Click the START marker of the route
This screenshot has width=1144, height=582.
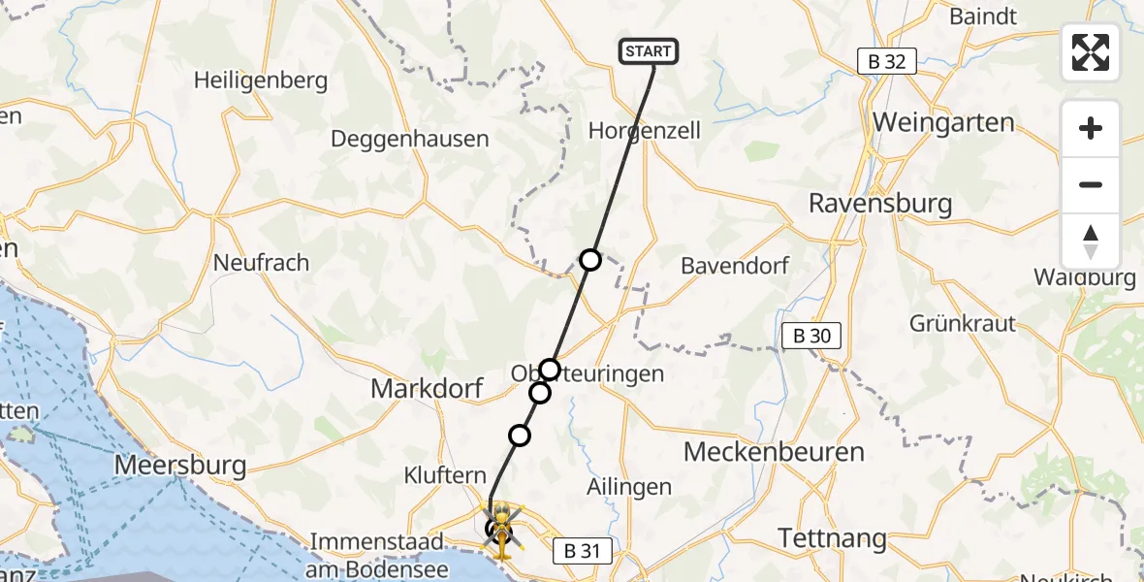649,51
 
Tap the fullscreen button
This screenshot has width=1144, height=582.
1091,52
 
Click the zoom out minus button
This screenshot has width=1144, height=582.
1091,185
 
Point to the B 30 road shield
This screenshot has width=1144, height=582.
811,337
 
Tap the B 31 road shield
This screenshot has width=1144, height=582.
582,551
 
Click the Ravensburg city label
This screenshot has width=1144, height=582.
880,204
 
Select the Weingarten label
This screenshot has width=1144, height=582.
943,123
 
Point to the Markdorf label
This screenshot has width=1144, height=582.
427,388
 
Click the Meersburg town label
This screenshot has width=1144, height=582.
180,466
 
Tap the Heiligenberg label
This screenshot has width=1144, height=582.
261,81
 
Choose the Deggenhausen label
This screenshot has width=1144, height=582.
409,139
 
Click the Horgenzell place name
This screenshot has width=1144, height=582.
644,130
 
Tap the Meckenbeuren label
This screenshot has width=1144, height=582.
774,452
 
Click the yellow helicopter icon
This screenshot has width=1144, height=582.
501,532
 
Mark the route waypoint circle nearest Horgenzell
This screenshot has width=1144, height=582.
590,259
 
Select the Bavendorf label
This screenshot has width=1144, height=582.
735,265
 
